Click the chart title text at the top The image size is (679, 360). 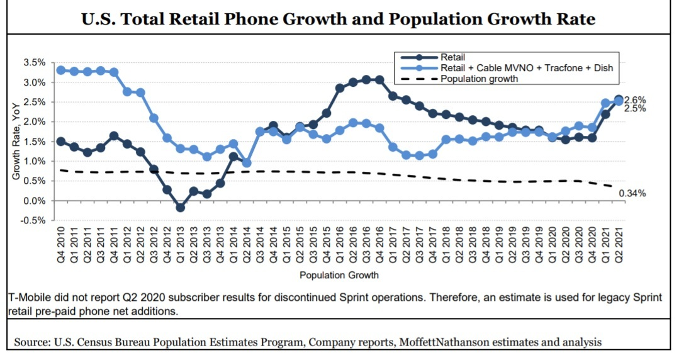(x=339, y=19)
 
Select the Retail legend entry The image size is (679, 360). (x=452, y=57)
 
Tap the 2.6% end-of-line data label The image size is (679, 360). (x=635, y=100)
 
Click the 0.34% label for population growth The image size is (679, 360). (x=632, y=193)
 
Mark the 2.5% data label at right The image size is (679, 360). (x=635, y=109)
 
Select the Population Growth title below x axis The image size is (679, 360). (x=339, y=275)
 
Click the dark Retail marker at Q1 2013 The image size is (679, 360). (x=181, y=207)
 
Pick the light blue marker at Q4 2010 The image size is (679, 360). (x=61, y=70)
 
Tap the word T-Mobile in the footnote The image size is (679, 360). (x=30, y=298)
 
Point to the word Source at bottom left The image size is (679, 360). (x=31, y=342)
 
